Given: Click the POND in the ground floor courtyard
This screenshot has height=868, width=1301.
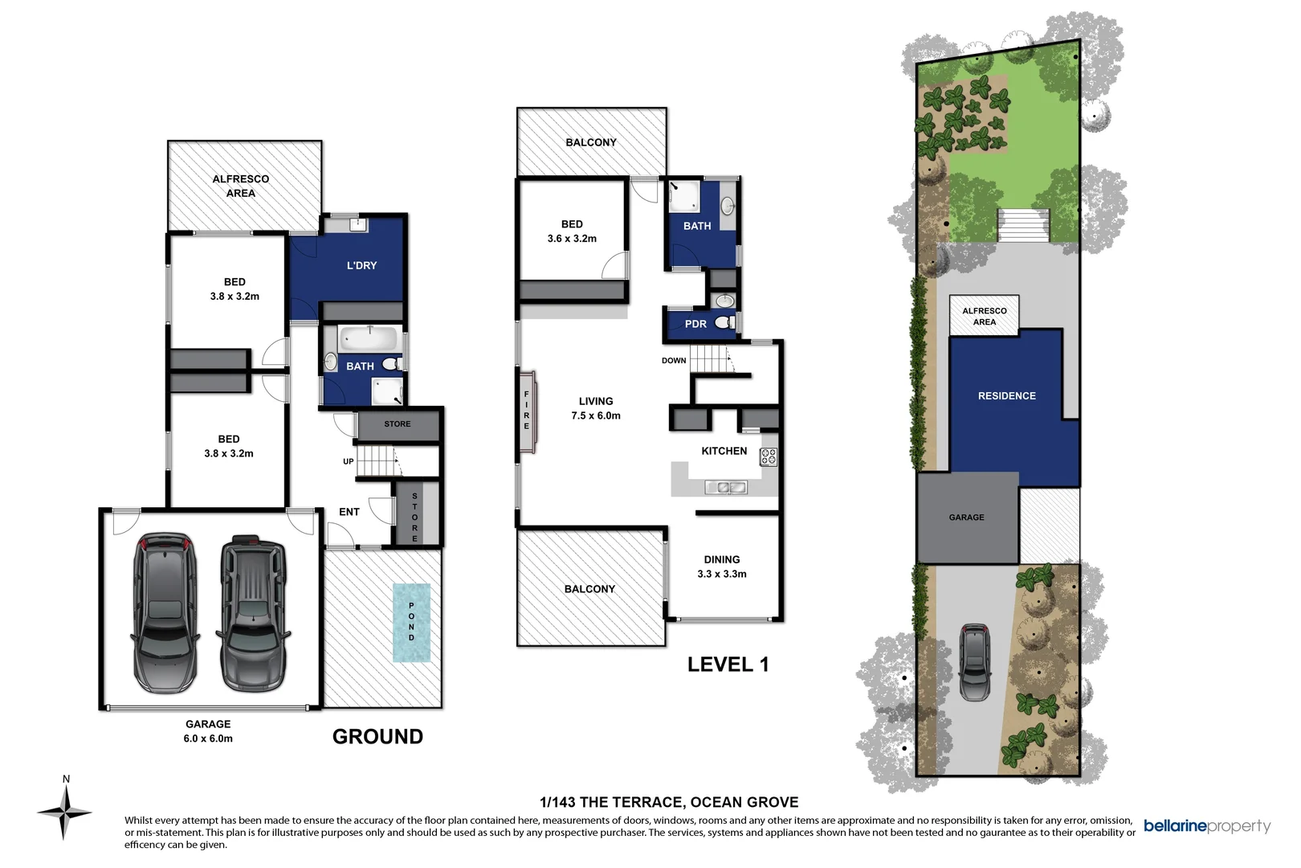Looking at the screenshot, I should point(411,622).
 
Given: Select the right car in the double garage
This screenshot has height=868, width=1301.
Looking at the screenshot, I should point(253,614).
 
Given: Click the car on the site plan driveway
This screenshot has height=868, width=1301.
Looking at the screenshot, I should point(975,661).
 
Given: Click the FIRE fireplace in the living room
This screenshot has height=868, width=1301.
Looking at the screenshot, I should point(527,411).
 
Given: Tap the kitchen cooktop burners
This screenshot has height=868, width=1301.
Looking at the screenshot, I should point(769,457).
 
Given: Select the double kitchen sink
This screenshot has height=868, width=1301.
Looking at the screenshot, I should point(726,487).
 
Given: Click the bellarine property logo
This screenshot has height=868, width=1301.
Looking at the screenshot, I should point(1206,826).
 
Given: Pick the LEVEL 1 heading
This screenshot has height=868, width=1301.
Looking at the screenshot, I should point(728,665).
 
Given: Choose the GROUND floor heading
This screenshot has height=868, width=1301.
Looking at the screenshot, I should point(377,736).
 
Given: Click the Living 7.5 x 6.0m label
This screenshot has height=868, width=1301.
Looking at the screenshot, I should point(596,408).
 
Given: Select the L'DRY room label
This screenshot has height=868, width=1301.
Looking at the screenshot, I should point(361,265).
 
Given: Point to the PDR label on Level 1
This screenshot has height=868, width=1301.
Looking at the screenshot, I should point(695,324).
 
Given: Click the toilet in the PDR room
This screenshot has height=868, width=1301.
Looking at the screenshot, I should point(724,323).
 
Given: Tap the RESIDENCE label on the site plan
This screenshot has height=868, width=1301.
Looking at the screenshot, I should point(1006,395).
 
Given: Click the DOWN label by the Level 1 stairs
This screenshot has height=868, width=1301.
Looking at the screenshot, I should point(674,360).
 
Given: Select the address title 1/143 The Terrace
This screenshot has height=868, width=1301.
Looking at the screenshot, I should point(669,802).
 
